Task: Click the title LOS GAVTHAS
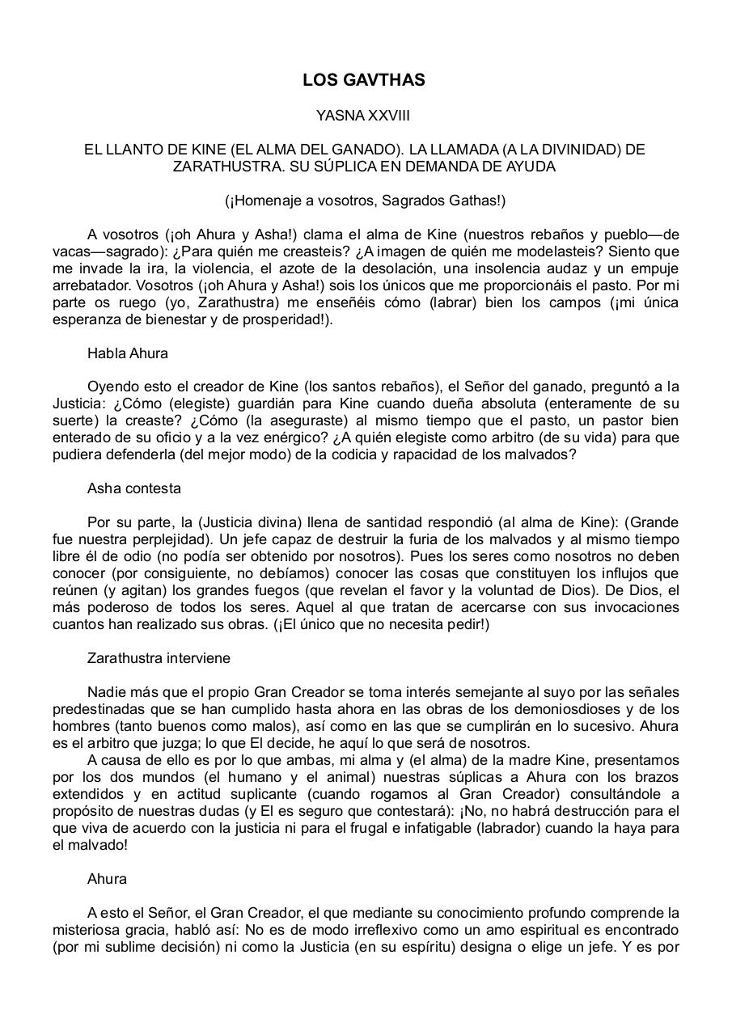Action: (x=364, y=80)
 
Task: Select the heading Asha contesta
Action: (x=134, y=488)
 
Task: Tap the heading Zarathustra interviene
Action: (x=159, y=658)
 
